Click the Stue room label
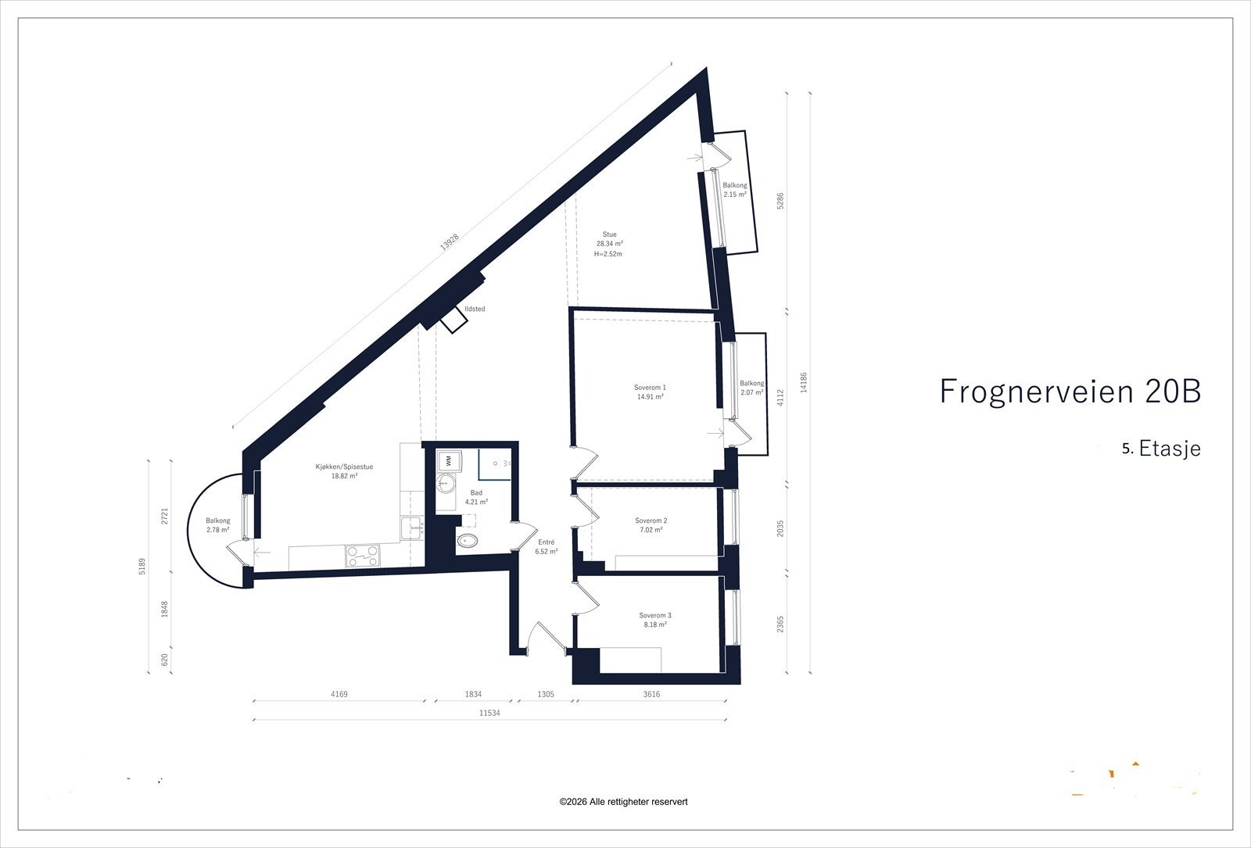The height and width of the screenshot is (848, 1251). [x=609, y=234]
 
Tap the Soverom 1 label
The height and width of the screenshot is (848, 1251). [x=650, y=388]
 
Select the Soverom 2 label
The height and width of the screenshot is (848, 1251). [x=651, y=521]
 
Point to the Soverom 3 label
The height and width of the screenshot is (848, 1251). [x=654, y=616]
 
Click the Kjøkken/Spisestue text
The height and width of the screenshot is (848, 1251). [x=344, y=467]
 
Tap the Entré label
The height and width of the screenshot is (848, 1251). [x=546, y=542]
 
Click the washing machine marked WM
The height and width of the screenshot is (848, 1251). [x=449, y=461]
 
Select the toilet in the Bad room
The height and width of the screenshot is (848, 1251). [x=468, y=542]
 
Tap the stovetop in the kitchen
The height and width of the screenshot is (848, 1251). [x=363, y=556]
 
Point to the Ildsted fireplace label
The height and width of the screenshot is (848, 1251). [x=475, y=310]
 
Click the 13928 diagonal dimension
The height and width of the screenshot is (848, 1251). [x=448, y=243]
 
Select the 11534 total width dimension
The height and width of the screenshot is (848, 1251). [x=489, y=713]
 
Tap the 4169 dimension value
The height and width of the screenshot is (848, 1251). [x=339, y=694]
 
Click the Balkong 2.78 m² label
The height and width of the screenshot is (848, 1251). [x=217, y=525]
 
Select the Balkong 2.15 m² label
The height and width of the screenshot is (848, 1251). [x=735, y=190]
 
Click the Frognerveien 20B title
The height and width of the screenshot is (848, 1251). [x=1069, y=392]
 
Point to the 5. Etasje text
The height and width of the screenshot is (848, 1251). [x=1160, y=449]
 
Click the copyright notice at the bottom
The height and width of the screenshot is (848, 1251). [x=623, y=802]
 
